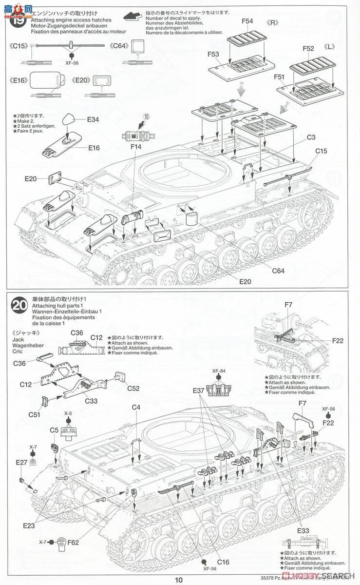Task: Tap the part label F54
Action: tap(247, 21)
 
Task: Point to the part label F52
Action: tap(308, 49)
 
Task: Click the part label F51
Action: tap(279, 77)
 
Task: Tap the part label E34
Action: tap(93, 120)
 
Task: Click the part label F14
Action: tap(136, 147)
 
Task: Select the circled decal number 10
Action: tap(148, 117)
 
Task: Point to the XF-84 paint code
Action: tap(218, 370)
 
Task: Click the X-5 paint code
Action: tap(68, 413)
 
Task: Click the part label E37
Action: tap(198, 390)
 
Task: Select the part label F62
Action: tap(73, 528)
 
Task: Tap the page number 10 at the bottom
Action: tap(180, 580)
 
